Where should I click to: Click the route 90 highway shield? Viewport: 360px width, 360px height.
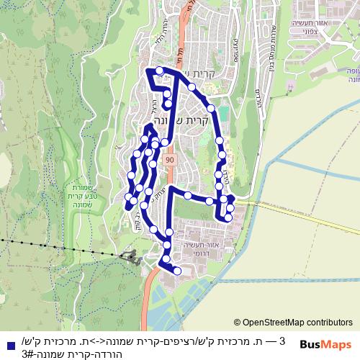click(x=168, y=158)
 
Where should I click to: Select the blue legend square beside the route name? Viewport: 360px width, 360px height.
click(x=8, y=344)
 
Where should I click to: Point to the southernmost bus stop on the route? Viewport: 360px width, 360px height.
click(x=177, y=271)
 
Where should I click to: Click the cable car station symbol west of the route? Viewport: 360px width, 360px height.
click(x=132, y=255)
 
